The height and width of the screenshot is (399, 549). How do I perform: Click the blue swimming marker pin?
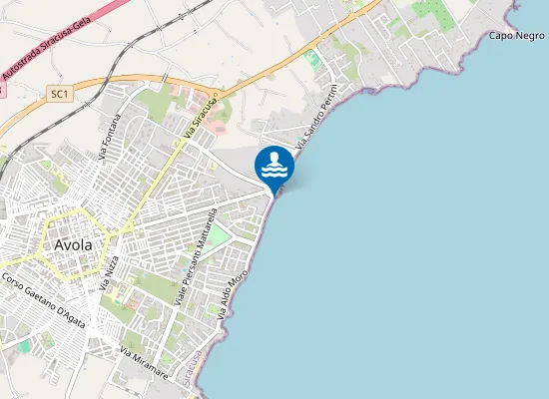click(274, 167)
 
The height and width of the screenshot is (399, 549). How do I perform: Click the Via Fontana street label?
click(110, 137)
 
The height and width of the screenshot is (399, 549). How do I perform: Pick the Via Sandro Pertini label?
click(319, 124)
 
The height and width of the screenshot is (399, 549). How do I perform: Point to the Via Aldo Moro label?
click(232, 289)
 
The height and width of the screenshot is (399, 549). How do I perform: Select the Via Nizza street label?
click(110, 271)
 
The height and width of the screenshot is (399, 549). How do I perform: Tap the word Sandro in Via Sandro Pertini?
click(317, 126)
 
